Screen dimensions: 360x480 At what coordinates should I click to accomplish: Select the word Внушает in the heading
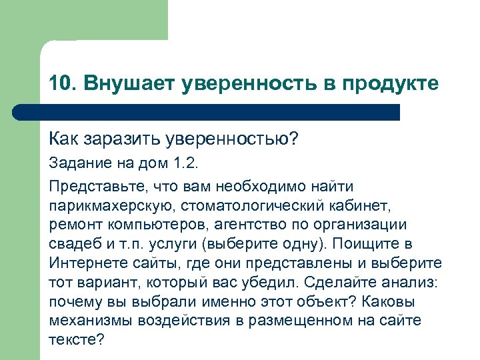[118, 83]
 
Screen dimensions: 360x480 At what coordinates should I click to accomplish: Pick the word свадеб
[73, 243]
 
